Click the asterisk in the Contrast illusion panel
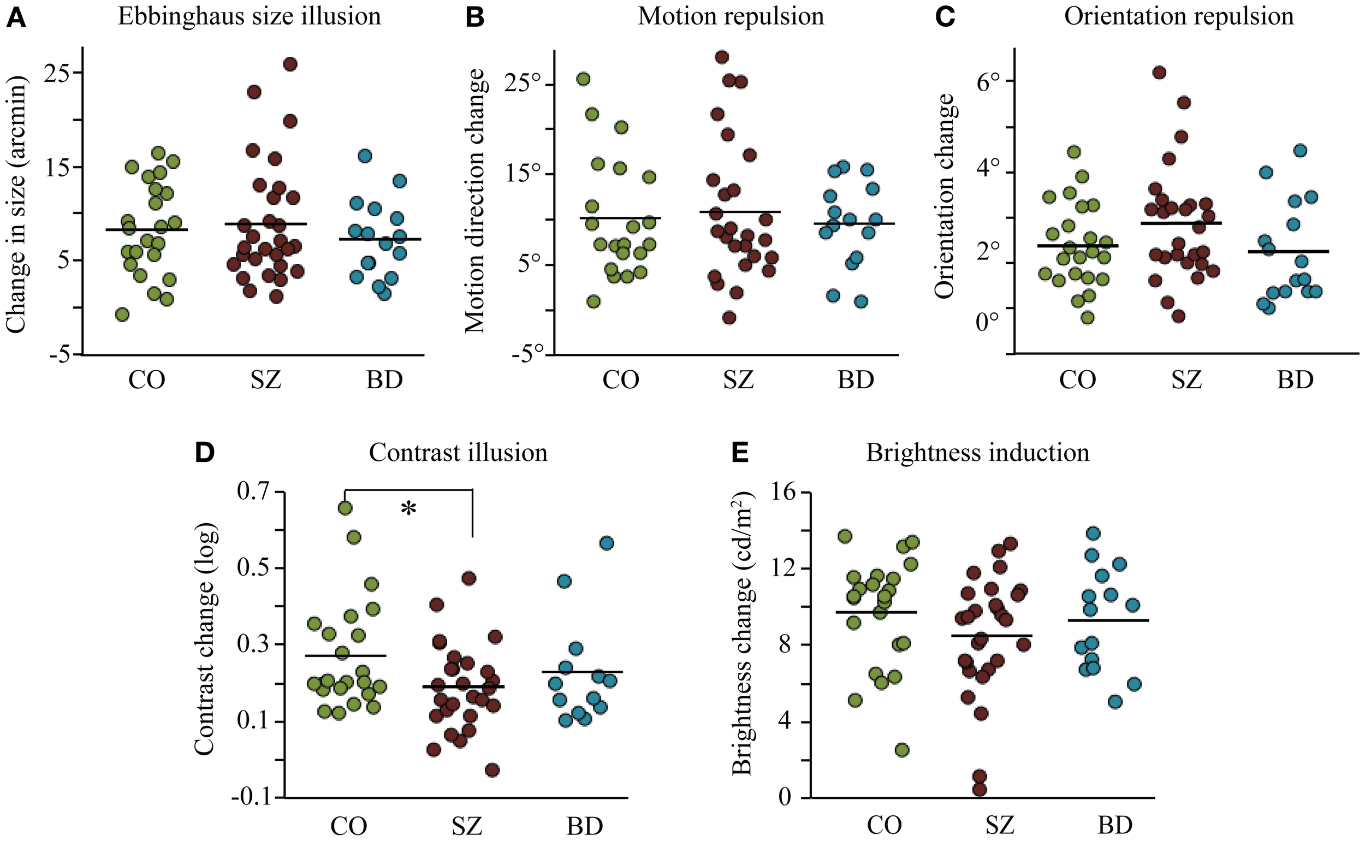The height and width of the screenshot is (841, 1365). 409,509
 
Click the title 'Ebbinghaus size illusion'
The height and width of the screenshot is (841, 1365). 249,16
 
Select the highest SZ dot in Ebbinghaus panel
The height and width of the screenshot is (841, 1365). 290,64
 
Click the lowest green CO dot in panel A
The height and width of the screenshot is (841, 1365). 122,315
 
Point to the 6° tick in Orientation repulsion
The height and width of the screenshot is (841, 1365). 990,81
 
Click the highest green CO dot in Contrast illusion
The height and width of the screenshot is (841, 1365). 345,508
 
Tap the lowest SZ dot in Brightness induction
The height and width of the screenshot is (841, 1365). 979,789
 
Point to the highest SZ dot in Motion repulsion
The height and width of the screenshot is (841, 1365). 722,57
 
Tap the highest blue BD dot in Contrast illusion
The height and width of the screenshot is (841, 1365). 607,543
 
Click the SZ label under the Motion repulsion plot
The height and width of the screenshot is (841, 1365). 738,381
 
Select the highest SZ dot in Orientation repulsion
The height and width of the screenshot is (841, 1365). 1159,72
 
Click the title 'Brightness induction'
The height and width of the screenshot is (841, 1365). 977,453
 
